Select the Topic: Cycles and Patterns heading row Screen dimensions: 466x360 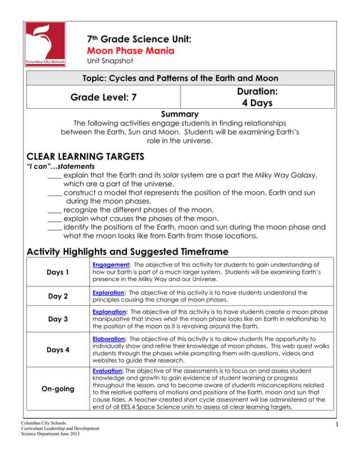180,77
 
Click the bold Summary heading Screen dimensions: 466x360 180,114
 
